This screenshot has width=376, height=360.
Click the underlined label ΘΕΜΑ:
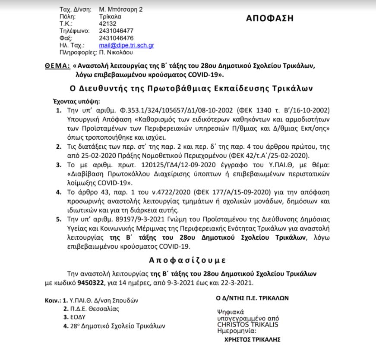click(x=57, y=66)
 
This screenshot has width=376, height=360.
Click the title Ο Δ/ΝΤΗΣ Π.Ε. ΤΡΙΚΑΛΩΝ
click(x=253, y=298)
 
